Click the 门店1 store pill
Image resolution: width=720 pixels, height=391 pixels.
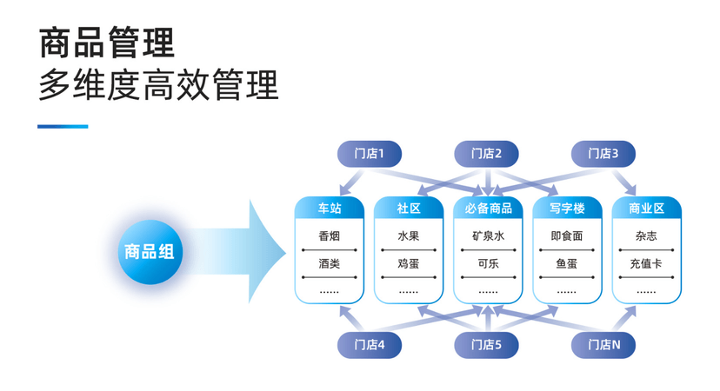370,154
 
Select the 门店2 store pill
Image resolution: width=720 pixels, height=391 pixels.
486,154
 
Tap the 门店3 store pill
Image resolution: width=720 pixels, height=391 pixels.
603,154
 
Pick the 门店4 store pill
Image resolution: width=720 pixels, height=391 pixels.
370,345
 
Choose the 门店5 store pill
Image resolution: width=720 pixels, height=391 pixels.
486,345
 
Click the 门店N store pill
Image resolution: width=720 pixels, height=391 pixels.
603,345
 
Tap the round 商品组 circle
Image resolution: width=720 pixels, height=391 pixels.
150,252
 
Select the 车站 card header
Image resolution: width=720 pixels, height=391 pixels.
330,209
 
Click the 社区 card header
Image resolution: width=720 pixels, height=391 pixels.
409,209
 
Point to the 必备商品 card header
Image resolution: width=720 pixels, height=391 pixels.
488,209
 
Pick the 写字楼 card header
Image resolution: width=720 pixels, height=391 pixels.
567,209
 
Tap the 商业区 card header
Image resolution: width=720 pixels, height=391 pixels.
646,209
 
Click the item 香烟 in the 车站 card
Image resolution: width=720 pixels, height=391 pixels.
330,236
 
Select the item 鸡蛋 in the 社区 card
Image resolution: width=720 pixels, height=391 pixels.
409,263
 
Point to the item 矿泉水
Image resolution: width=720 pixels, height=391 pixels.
488,236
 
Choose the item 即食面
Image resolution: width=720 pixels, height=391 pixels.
567,236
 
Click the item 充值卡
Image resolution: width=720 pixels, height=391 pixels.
646,263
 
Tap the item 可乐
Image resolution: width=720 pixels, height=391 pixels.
488,263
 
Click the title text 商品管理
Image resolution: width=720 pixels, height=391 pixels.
107,42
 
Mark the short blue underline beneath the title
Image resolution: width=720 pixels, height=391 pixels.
63,127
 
